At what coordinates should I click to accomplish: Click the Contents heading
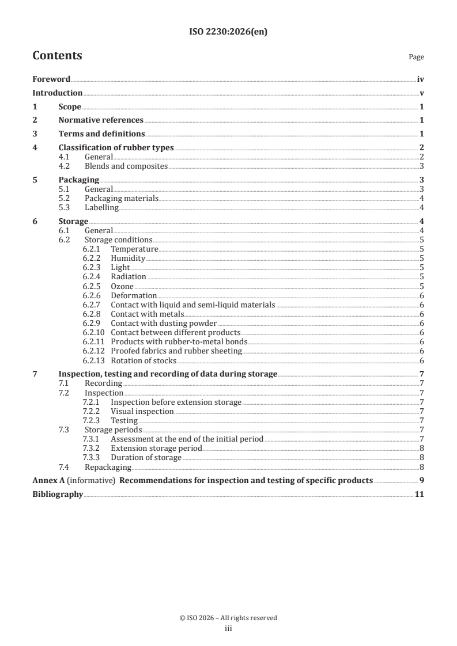[x=57, y=56]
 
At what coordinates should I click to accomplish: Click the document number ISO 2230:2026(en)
[x=228, y=32]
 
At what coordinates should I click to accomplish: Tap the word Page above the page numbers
[x=416, y=58]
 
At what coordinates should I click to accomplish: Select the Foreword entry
[x=51, y=79]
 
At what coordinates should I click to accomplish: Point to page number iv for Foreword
[x=421, y=79]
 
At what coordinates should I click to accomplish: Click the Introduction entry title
[x=57, y=93]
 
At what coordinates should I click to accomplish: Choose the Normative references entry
[x=101, y=120]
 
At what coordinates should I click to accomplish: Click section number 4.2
[x=65, y=166]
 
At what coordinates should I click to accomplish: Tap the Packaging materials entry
[x=121, y=199]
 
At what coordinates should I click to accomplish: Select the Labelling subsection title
[x=101, y=207]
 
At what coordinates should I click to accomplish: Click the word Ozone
[x=122, y=286]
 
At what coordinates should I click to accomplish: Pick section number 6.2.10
[x=93, y=333]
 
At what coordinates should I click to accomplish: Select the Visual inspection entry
[x=142, y=412]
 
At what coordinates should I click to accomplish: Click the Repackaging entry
[x=108, y=467]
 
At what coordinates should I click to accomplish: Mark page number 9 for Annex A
[x=422, y=480]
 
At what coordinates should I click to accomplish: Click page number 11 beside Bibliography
[x=420, y=494]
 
